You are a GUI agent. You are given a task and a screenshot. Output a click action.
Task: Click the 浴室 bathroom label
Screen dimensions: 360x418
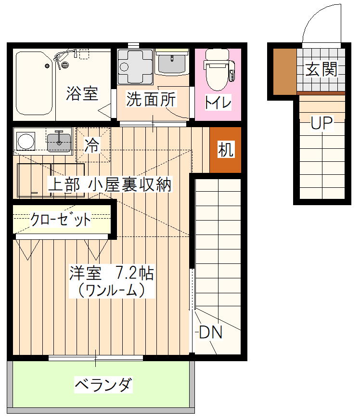[x=82, y=93]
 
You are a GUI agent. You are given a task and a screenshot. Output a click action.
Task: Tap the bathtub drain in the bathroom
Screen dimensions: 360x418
[x=48, y=66]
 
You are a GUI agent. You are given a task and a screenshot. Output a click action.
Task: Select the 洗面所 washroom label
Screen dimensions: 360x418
[x=151, y=99]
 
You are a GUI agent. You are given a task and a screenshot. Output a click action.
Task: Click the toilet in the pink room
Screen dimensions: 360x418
[x=219, y=69]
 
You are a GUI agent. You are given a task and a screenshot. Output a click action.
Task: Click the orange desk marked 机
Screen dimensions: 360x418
[x=225, y=150]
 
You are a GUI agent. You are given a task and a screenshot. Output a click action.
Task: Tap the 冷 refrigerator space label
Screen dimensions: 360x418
[x=92, y=145]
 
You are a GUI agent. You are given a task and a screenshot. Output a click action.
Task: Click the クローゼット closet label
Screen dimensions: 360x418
[x=61, y=220]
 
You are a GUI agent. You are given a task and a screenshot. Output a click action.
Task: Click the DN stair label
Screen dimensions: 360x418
[x=210, y=332]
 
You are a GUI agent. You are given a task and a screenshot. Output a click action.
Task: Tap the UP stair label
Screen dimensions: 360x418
[x=322, y=123]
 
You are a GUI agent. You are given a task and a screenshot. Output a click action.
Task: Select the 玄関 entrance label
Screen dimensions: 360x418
[x=321, y=69]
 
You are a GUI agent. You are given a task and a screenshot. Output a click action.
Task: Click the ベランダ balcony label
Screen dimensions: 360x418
[x=103, y=384]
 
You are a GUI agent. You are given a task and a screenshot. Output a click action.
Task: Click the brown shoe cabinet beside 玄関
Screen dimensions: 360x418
[x=285, y=71]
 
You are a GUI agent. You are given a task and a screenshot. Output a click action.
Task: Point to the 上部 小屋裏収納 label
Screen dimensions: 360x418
[x=110, y=184]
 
